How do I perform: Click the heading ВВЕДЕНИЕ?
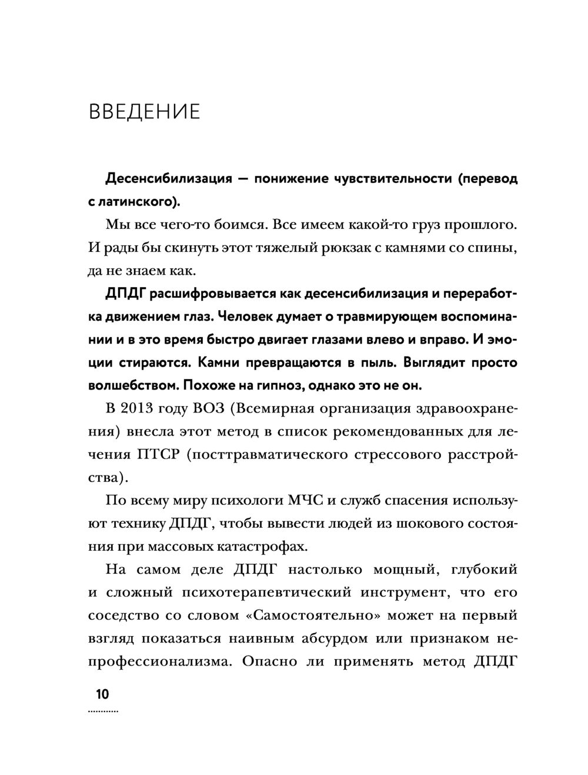tap(144, 111)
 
